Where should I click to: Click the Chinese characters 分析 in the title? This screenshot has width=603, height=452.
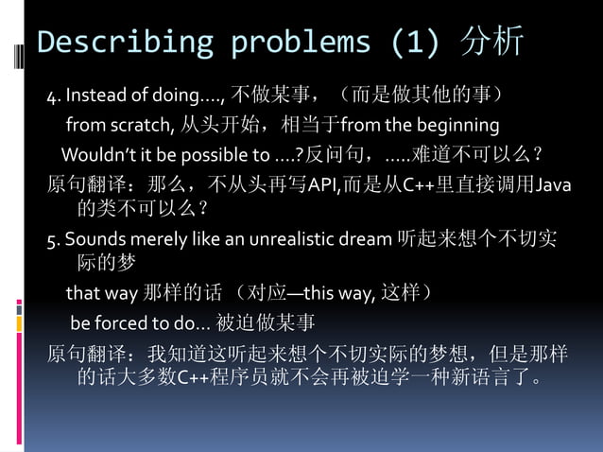(x=491, y=43)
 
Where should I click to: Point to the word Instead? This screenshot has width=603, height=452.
(x=92, y=96)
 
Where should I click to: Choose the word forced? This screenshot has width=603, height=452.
(x=124, y=323)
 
